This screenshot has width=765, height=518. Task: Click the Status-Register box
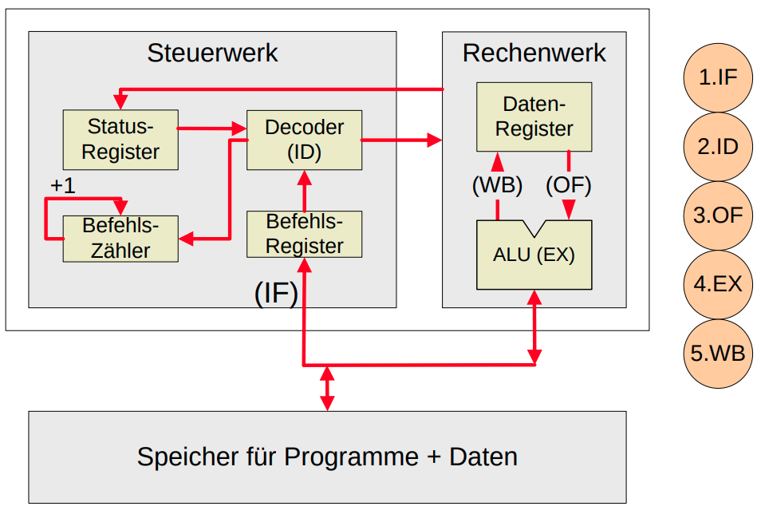coord(120,140)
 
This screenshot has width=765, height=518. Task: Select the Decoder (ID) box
coord(304,140)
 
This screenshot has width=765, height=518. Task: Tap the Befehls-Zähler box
coord(120,238)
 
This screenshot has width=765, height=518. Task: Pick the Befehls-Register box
coord(304,234)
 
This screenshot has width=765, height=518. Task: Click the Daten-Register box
coord(534,117)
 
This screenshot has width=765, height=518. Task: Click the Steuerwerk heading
coord(212,53)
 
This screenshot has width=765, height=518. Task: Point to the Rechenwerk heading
coord(534,53)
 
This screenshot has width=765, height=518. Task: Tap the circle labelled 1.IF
coord(717,77)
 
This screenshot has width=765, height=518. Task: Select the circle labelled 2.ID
coord(717,147)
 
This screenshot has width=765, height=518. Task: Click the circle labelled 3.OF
coord(717,216)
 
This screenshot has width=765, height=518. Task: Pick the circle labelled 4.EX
coord(717,284)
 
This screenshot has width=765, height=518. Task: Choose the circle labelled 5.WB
coord(717,353)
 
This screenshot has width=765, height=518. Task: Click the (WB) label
coord(497,186)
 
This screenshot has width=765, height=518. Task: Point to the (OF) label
coord(569,186)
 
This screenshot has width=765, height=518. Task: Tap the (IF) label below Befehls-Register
coord(276,294)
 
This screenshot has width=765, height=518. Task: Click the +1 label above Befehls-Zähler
coord(62,186)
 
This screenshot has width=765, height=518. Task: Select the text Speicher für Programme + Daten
coord(327,457)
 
